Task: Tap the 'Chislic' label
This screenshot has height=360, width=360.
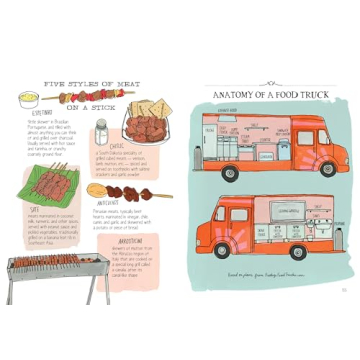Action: pyautogui.click(x=117, y=145)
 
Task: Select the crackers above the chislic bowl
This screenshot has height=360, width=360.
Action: pyautogui.click(x=149, y=107)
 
